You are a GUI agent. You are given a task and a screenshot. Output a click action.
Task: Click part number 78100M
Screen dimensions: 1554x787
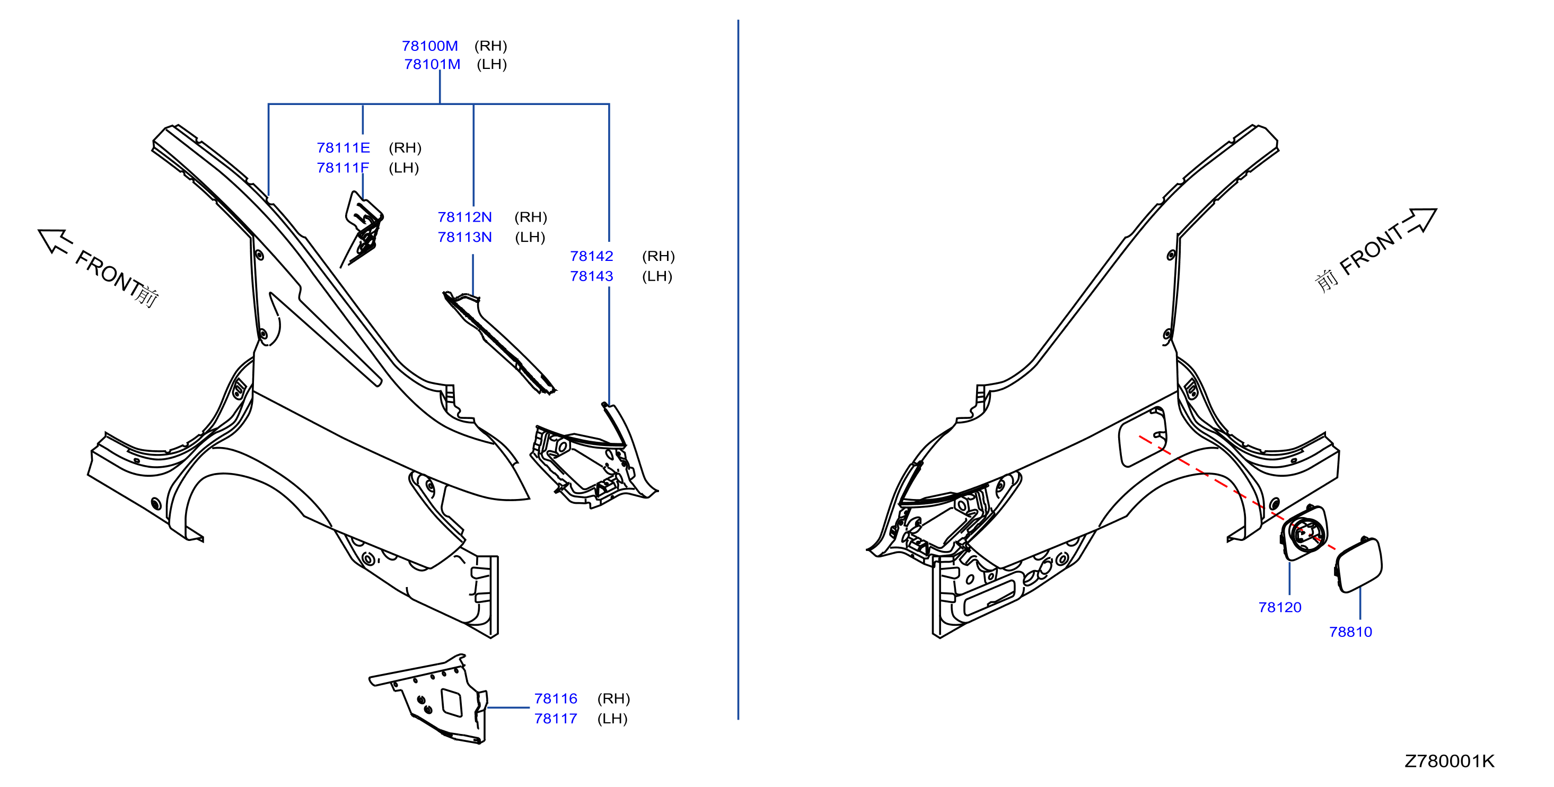(430, 46)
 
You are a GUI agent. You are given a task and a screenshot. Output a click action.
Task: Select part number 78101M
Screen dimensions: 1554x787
(432, 64)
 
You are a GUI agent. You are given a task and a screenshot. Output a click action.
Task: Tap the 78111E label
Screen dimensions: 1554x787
(343, 148)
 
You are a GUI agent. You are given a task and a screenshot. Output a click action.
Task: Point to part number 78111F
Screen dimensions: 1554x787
(343, 168)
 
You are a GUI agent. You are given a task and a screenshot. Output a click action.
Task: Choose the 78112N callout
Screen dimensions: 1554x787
(464, 217)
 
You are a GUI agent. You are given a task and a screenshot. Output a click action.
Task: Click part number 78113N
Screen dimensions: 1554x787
(464, 237)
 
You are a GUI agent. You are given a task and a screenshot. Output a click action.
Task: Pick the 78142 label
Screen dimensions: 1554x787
(591, 257)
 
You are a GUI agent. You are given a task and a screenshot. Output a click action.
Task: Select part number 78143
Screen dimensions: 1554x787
(591, 276)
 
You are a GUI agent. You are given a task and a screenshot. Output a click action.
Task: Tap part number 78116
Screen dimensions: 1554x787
(556, 699)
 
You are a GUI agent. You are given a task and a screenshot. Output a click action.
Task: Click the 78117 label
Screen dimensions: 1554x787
(556, 719)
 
